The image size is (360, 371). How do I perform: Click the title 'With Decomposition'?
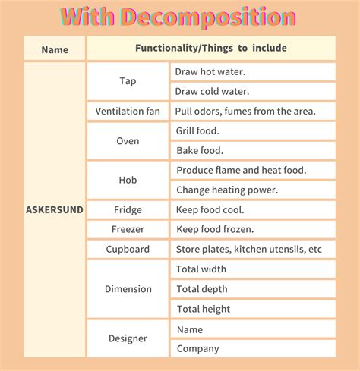178,17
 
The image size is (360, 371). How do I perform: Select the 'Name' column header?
55,49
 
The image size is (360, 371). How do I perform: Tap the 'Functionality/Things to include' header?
211,49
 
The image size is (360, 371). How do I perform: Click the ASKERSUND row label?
55,209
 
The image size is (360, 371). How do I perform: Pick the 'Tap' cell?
128,81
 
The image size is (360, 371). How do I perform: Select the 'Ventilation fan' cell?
128,112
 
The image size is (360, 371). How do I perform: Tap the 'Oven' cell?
128,141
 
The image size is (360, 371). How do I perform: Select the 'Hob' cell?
128,181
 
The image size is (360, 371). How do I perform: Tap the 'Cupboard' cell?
128,249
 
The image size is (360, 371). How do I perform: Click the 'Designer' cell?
128,339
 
